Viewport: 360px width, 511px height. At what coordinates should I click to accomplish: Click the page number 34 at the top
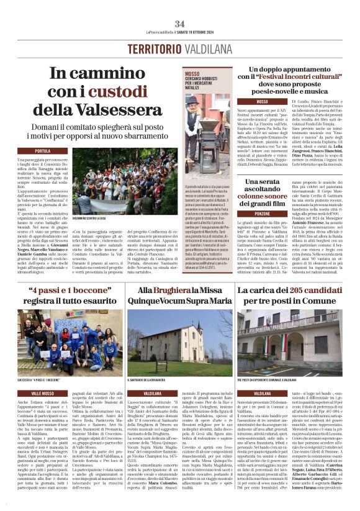[x=179, y=24]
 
